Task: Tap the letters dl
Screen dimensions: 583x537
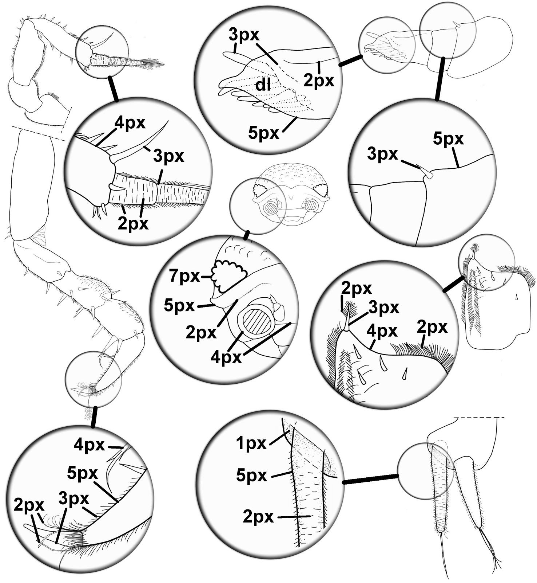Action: click(262, 85)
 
